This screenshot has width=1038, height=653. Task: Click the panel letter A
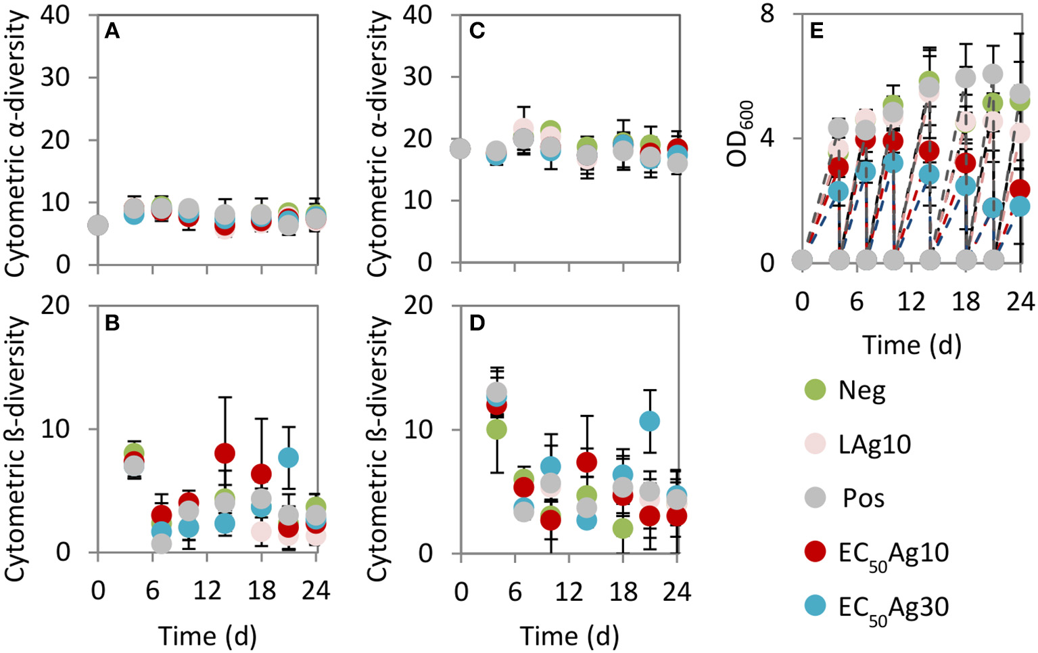click(112, 31)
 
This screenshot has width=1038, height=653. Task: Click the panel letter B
click(112, 323)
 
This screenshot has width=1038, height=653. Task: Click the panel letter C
click(477, 31)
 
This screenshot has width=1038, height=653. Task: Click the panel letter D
click(477, 323)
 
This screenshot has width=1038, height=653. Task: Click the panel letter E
click(816, 31)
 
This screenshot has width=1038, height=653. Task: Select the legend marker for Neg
click(816, 390)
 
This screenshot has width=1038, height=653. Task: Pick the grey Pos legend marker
click(816, 498)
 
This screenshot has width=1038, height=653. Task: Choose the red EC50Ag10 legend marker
click(816, 552)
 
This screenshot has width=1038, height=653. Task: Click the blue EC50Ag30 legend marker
click(816, 606)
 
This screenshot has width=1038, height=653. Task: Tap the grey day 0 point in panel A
click(98, 225)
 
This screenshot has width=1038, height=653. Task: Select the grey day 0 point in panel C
click(461, 149)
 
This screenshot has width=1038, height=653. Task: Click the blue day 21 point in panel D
click(649, 422)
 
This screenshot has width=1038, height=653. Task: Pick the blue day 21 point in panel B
click(289, 457)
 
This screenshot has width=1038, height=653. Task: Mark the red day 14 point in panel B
click(225, 453)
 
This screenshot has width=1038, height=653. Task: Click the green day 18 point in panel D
click(622, 528)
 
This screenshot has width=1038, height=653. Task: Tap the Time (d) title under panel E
click(912, 345)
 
